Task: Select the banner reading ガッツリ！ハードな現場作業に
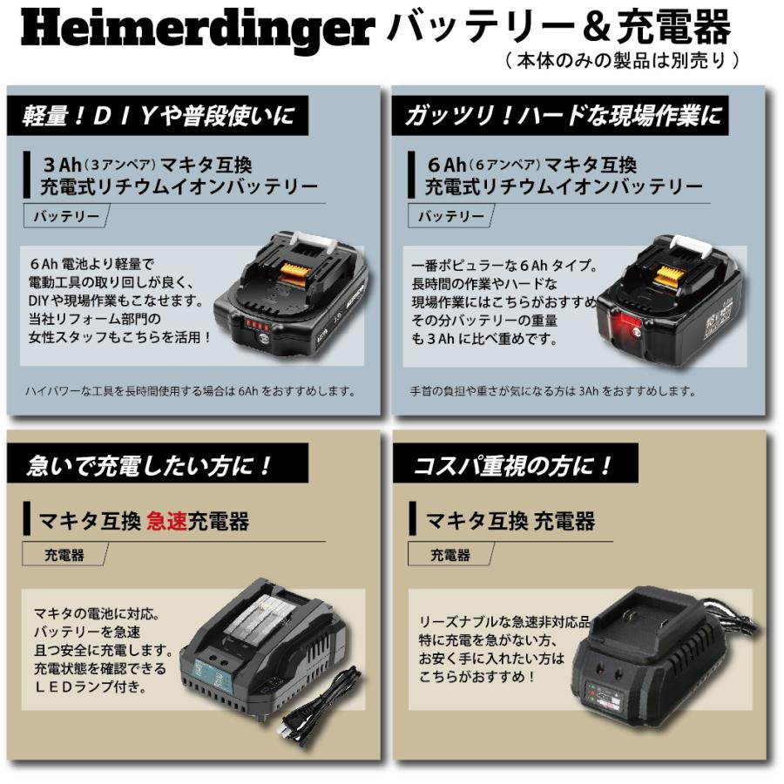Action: [563, 116]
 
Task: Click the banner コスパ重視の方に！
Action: [515, 464]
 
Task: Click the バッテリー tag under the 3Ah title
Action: [66, 217]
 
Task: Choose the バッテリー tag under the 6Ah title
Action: [450, 217]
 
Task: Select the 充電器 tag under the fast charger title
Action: [64, 554]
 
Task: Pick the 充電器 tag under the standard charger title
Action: [449, 554]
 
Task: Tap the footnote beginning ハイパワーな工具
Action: [193, 390]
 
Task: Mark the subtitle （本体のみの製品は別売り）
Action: [622, 61]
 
